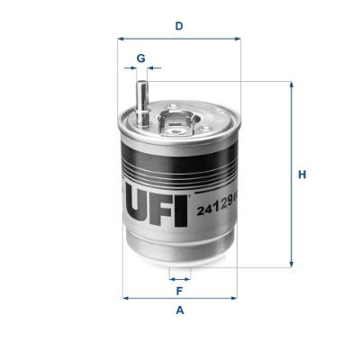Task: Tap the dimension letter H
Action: click(303, 175)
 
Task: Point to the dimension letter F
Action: click(179, 292)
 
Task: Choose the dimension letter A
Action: click(179, 311)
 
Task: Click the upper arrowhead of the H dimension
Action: click(291, 86)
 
